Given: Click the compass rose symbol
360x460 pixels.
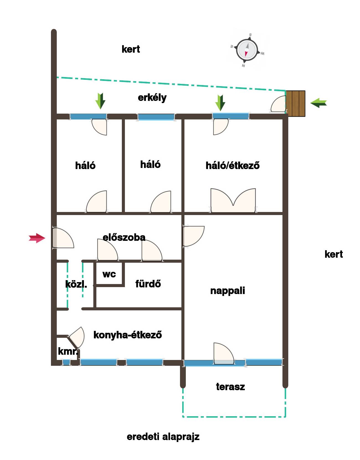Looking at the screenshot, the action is [x=247, y=50].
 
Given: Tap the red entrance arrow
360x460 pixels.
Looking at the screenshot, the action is [x=37, y=238].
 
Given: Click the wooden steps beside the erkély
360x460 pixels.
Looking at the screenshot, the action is [x=295, y=104].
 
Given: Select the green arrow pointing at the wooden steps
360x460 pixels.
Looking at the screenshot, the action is [x=318, y=103].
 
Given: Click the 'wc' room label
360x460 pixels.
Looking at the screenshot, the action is [x=109, y=274].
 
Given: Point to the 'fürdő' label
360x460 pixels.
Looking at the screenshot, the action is [x=148, y=284].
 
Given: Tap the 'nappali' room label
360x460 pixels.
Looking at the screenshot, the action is [x=228, y=291].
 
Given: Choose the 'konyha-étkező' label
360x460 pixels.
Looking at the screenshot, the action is [x=128, y=335].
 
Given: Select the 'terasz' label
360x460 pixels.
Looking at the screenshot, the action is [x=230, y=387].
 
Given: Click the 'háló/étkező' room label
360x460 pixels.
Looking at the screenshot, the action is [x=232, y=165].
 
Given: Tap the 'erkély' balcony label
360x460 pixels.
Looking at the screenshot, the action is [x=152, y=98].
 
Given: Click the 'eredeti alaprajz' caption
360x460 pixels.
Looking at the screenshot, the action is [x=163, y=437].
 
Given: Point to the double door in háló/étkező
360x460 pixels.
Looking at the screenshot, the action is [x=233, y=200].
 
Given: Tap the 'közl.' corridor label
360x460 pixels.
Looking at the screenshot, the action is [x=76, y=284].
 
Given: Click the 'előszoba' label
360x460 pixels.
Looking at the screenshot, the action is [x=124, y=237].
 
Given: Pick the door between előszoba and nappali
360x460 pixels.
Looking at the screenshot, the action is [x=193, y=236].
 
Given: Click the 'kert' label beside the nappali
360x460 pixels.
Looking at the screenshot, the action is [x=334, y=254].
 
